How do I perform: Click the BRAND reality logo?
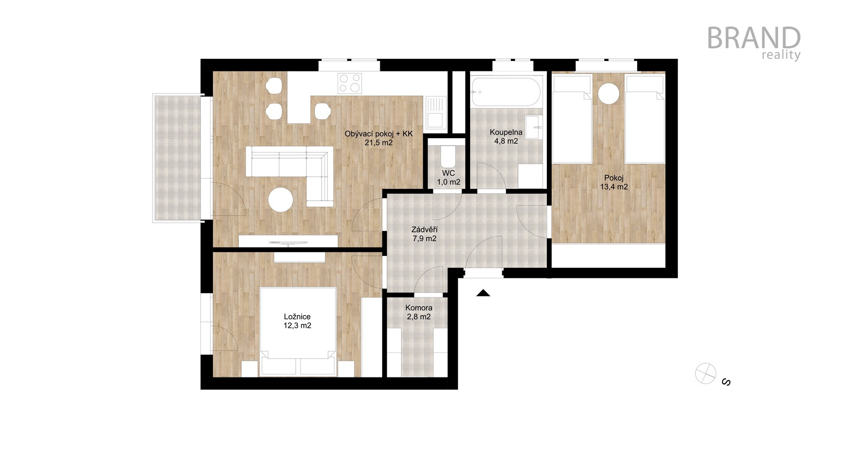tap(754, 43)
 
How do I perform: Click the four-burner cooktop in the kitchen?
tap(350, 83)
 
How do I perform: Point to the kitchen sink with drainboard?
tap(435, 112)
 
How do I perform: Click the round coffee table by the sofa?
tap(281, 200)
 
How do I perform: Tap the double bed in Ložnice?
tap(298, 331)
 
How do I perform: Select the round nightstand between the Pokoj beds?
tap(609, 93)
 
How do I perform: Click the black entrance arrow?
tap(483, 293)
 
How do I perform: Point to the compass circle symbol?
tap(706, 374)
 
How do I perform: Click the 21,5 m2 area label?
tap(378, 142)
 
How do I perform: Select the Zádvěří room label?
tap(425, 229)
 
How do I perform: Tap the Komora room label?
tap(419, 308)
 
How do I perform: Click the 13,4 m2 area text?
tap(614, 187)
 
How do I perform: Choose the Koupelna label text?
tap(506, 132)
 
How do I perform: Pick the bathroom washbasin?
tap(534, 127)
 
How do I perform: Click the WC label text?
tap(448, 173)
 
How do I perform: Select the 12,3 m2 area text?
tap(297, 326)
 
